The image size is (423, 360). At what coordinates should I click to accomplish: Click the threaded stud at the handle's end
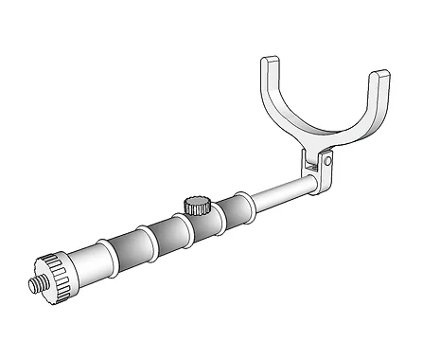click(38, 283)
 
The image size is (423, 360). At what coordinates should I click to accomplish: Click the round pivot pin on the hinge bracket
click(327, 163)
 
